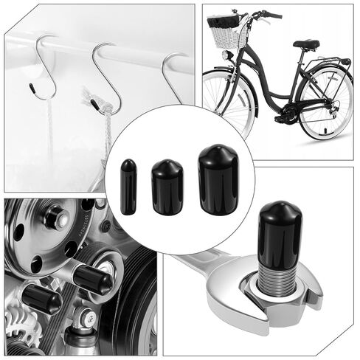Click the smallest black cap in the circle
point(129,186)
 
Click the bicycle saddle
point(306,44)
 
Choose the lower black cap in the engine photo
point(41,299)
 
